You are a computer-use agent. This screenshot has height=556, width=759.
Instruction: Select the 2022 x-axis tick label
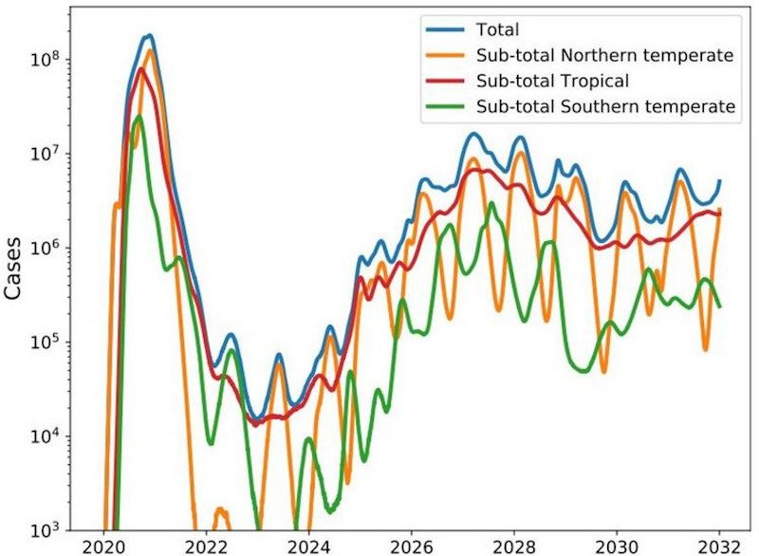205,546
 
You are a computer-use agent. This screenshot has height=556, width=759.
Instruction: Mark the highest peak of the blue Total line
149,36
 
